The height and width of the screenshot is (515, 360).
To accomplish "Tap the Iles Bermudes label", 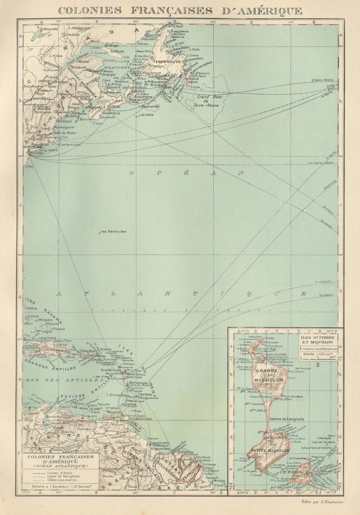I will [113, 232].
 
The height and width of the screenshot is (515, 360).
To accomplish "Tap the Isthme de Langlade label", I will [287, 419].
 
